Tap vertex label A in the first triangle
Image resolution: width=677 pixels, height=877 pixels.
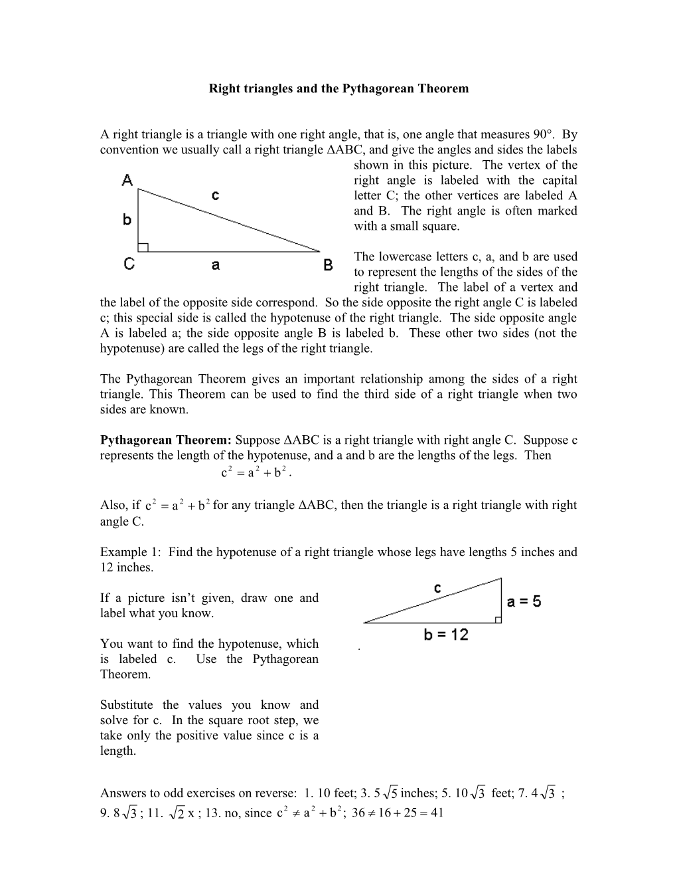pyautogui.click(x=127, y=179)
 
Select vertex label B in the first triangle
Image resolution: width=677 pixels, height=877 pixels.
pyautogui.click(x=328, y=265)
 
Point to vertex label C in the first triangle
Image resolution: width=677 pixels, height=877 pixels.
pyautogui.click(x=129, y=264)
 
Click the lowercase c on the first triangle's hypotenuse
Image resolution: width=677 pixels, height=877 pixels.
pyautogui.click(x=215, y=195)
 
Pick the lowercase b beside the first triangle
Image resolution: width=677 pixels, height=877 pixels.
pyautogui.click(x=127, y=219)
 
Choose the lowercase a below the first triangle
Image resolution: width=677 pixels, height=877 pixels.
pyautogui.click(x=216, y=265)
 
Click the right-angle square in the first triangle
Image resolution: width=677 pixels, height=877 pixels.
pyautogui.click(x=143, y=247)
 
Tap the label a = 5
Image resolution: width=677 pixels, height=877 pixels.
pyautogui.click(x=524, y=602)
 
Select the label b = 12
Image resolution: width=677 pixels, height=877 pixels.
pyautogui.click(x=446, y=635)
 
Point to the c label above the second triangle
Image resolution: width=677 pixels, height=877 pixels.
pyautogui.click(x=438, y=589)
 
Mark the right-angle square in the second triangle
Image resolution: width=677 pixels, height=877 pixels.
pyautogui.click(x=498, y=619)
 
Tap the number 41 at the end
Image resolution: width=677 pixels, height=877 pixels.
pyautogui.click(x=436, y=813)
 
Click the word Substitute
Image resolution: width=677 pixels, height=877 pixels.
pyautogui.click(x=126, y=705)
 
